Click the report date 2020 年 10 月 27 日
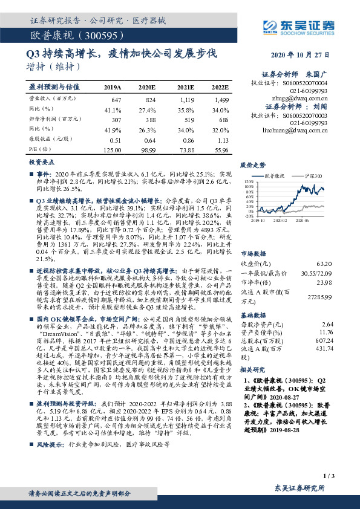(301, 54)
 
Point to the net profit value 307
(115, 120)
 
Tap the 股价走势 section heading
(252, 164)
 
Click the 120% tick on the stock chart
(249, 181)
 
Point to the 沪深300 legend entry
(313, 175)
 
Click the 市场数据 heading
(252, 254)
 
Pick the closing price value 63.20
(325, 264)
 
